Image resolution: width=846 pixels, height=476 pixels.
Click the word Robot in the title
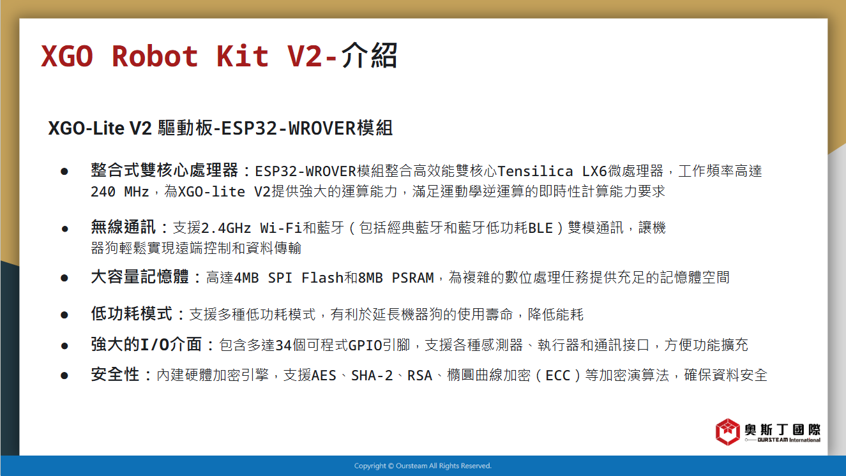(155, 56)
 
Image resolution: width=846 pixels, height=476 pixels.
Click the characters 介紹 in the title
(369, 55)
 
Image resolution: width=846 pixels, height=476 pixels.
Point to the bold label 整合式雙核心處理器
(164, 170)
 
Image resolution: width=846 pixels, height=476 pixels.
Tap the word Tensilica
(535, 172)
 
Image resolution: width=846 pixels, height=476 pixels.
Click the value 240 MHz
(120, 192)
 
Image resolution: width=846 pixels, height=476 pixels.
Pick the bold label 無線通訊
(123, 227)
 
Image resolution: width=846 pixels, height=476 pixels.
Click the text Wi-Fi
(281, 228)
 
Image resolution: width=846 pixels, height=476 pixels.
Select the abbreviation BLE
(540, 228)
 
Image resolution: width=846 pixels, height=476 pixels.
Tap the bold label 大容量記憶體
(140, 277)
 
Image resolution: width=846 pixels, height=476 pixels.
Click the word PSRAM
(413, 278)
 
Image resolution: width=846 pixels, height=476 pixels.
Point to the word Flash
(322, 278)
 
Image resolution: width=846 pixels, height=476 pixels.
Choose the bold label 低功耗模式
(132, 314)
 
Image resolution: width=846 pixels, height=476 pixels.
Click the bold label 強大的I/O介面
(146, 345)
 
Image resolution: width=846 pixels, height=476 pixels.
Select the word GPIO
(365, 345)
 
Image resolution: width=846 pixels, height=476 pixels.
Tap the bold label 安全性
(115, 375)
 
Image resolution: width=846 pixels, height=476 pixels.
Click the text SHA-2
(372, 376)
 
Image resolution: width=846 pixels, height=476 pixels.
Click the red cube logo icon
(727, 432)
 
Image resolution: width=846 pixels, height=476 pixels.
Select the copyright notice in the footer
(423, 466)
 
